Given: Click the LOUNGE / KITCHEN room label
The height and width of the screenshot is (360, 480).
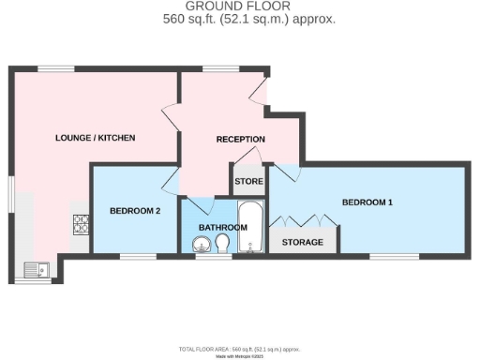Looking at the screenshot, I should (95, 138).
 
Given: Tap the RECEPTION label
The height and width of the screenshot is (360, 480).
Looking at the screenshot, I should (240, 140).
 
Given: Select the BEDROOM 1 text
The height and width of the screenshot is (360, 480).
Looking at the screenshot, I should (367, 202).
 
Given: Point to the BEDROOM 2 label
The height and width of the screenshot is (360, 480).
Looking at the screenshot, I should (136, 211).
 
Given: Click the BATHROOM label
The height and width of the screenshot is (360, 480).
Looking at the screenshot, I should (221, 227).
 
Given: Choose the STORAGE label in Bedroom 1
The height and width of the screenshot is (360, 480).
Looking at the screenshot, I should (303, 242).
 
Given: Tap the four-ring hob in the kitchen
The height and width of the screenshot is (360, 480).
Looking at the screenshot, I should (81, 225).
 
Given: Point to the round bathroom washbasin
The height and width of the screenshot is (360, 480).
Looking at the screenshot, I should (202, 247).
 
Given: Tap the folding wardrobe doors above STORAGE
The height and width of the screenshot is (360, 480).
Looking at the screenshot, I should (303, 221).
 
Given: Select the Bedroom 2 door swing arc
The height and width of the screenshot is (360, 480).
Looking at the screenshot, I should (172, 180).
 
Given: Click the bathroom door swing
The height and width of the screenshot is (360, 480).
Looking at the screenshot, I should (201, 206).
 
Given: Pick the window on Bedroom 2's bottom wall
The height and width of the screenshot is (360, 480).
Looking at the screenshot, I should (137, 255).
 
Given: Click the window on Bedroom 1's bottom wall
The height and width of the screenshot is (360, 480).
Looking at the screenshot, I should (386, 255).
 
